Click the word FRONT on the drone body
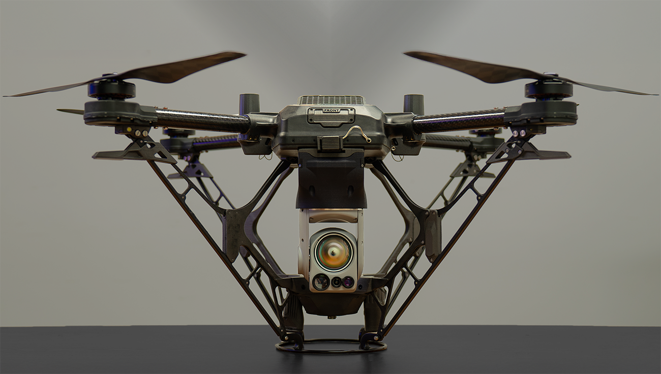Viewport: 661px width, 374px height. pos(332,111)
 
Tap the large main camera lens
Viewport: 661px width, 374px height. pos(333,252)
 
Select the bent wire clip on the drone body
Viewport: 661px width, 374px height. pos(358,134)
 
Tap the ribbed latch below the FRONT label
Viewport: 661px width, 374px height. pos(330,144)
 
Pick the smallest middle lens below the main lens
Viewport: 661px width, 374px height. pos(336,282)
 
